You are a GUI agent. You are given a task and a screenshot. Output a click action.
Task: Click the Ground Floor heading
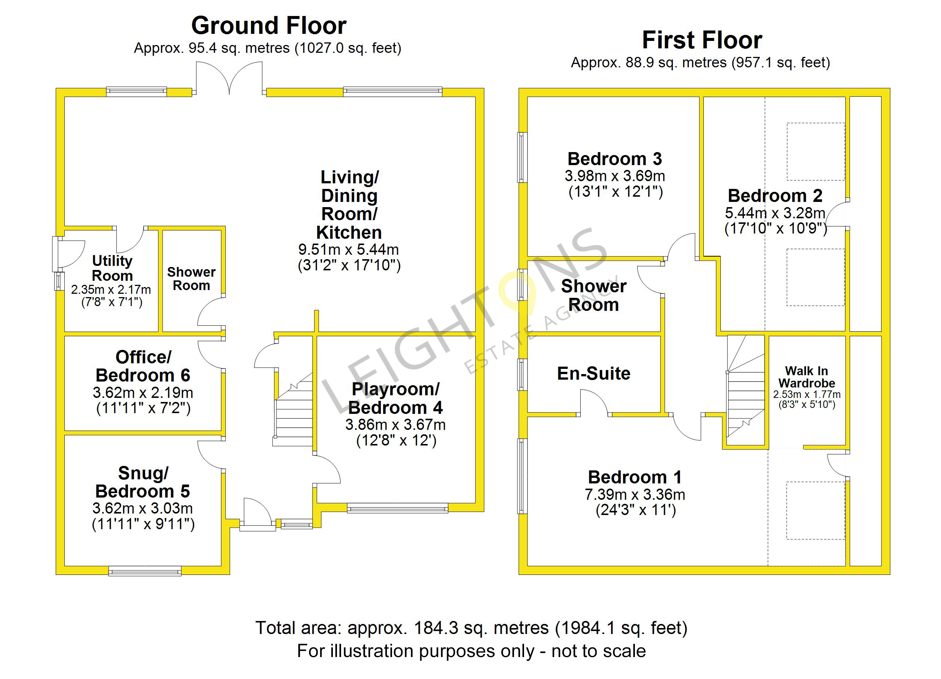[x=269, y=26]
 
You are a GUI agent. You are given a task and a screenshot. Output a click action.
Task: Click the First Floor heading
[x=702, y=40]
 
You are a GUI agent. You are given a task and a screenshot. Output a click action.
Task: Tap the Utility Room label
[x=112, y=268]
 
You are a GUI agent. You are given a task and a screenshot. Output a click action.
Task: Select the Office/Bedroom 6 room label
[x=143, y=366]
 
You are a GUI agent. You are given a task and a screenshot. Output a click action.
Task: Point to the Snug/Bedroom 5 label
[x=143, y=482]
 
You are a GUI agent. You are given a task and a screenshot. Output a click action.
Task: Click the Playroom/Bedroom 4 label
[x=395, y=398]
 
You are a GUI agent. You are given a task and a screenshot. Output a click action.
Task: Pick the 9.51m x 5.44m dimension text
[x=349, y=249]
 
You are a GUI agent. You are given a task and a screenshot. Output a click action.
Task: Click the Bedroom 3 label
[x=614, y=159]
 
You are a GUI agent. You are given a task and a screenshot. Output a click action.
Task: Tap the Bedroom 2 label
[x=775, y=196]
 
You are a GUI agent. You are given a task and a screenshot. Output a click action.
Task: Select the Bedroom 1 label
[x=635, y=477]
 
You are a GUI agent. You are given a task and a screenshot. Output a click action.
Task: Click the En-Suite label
[x=594, y=373]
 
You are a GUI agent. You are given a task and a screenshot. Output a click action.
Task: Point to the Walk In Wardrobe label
[x=807, y=377]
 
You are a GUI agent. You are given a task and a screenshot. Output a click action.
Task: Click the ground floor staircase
[x=293, y=409]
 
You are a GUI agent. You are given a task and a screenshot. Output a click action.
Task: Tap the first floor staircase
[x=746, y=386]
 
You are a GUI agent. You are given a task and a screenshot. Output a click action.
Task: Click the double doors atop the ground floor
[x=229, y=78]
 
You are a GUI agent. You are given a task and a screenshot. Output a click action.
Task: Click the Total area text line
[x=471, y=628]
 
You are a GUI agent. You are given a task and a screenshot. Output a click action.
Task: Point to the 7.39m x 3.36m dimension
[x=635, y=495]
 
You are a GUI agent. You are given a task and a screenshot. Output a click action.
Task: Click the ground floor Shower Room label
[x=191, y=279]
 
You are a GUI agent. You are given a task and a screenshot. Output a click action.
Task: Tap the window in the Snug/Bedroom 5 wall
[x=145, y=571]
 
